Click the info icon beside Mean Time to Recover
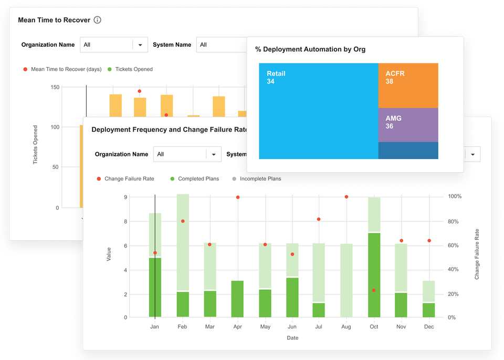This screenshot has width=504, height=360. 97,20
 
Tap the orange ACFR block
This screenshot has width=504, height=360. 408,85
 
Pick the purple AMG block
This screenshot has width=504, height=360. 408,125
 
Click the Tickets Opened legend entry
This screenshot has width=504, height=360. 133,69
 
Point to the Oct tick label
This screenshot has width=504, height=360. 374,327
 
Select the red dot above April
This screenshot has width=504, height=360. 238,197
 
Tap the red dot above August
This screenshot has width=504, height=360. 346,197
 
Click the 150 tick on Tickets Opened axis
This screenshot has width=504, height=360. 55,87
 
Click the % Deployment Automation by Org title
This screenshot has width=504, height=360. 310,49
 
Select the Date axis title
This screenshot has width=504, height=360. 292,338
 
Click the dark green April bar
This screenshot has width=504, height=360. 237,299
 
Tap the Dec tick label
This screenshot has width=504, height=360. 428,327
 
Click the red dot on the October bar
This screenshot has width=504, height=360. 374,290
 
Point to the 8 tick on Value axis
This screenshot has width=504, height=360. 125,221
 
